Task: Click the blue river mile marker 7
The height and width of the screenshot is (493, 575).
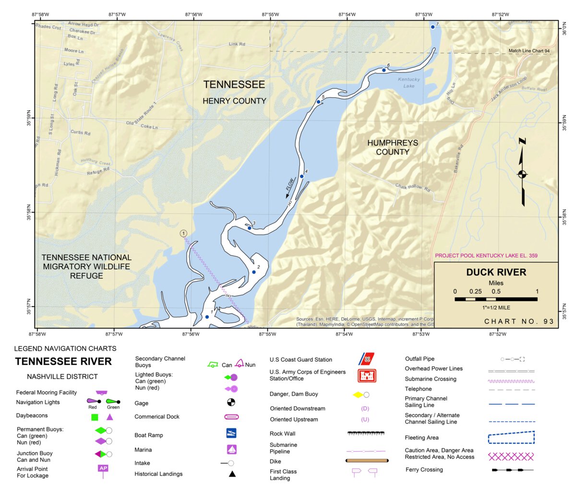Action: [x=432, y=27]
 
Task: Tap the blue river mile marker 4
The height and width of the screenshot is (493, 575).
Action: [x=302, y=176]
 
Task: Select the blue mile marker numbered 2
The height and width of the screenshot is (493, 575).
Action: [x=254, y=272]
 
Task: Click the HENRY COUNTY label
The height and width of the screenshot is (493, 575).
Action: [x=234, y=101]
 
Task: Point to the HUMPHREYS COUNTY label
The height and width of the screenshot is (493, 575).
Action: [x=393, y=147]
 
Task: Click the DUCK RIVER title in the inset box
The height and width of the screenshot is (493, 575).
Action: [x=496, y=272]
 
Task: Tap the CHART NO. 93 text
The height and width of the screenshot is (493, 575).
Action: [x=519, y=321]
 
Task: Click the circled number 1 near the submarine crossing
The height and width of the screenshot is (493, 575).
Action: [x=183, y=234]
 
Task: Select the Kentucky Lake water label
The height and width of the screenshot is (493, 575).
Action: [x=409, y=82]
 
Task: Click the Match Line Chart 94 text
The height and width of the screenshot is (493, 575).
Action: [x=529, y=51]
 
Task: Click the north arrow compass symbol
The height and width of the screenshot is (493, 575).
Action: [x=522, y=174]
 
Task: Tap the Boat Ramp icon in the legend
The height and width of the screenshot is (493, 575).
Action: [x=231, y=434]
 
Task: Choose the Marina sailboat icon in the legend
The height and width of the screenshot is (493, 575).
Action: [x=231, y=449]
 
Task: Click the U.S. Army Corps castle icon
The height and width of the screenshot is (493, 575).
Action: [x=367, y=375]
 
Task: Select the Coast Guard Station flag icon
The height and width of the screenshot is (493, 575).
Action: [x=367, y=359]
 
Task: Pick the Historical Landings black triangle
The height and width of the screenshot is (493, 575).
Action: [x=232, y=474]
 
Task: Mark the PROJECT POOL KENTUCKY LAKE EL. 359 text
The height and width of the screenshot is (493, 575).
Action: [x=486, y=256]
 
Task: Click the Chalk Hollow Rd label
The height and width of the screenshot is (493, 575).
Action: [x=412, y=187]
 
